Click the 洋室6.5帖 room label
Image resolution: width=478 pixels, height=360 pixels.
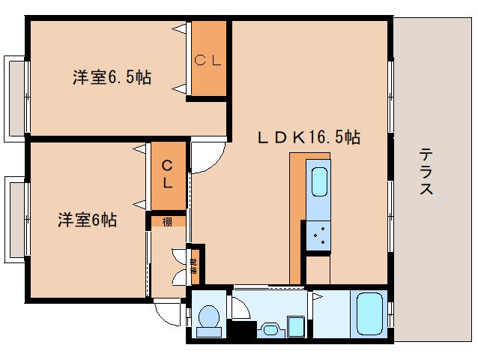tap(112, 76)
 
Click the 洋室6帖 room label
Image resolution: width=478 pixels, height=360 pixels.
tap(88, 220)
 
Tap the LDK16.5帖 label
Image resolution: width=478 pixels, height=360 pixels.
tap(309, 137)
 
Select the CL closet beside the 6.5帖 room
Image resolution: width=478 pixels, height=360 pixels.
tap(208, 60)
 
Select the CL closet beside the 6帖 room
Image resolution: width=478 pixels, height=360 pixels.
tap(168, 175)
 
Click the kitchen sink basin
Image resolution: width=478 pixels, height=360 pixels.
tap(318, 183)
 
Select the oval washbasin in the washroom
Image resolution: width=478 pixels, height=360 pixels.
tap(271, 328)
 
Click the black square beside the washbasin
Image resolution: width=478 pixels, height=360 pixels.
tap(240, 328)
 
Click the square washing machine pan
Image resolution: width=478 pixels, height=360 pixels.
tap(297, 327)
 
